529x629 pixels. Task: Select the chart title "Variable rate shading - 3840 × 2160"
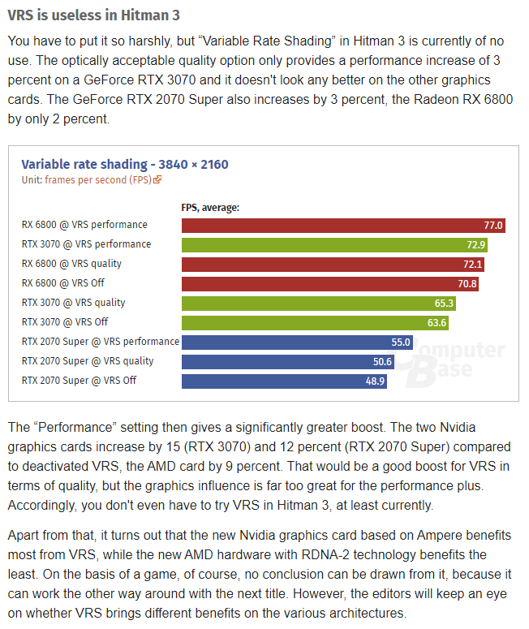[x=124, y=164]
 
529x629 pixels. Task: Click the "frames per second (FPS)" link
[x=98, y=179]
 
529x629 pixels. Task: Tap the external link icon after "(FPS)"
[x=157, y=179]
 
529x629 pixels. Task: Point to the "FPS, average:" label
[x=210, y=207]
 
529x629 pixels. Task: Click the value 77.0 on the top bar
[x=493, y=225]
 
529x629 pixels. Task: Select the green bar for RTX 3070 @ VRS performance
[x=325, y=244]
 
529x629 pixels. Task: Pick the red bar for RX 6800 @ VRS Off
[x=325, y=283]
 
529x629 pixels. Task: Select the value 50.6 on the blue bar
[x=382, y=361]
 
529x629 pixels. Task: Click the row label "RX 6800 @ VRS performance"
[x=84, y=225]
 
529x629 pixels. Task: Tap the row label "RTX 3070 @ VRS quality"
[x=74, y=303]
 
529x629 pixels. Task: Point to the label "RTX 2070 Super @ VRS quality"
[x=88, y=361]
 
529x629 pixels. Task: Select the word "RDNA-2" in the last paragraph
[x=325, y=555]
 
